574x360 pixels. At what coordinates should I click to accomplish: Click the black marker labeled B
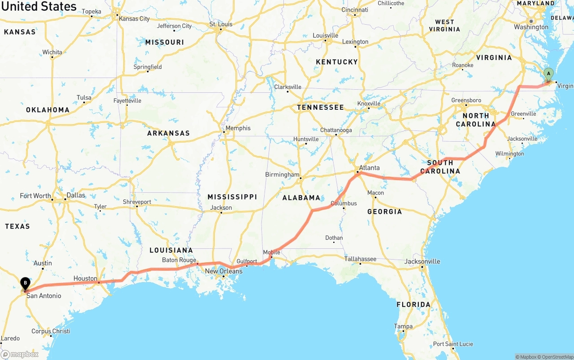pos(26,283)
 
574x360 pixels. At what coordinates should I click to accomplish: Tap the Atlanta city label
pos(369,168)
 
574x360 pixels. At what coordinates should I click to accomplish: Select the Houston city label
pos(85,278)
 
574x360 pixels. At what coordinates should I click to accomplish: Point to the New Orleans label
pos(223,271)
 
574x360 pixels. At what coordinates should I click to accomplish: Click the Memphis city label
pos(238,128)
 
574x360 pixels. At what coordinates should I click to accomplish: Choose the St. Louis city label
pos(221,24)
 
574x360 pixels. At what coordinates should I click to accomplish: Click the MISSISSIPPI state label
pos(232,197)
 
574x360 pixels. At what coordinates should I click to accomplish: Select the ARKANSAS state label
pos(168,133)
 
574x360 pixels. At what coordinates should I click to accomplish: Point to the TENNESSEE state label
pos(320,108)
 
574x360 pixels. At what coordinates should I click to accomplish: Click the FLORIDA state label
pos(413,305)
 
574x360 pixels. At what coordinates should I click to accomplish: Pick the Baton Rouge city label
pos(179,260)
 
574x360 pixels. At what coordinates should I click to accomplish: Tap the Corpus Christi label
pos(51,331)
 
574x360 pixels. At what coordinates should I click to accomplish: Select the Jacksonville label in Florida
pos(422,261)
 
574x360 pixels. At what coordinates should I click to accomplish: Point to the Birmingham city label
pos(282,174)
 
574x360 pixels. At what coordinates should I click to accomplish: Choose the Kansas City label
pos(134,19)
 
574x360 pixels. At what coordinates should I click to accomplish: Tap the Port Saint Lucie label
pos(453,344)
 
